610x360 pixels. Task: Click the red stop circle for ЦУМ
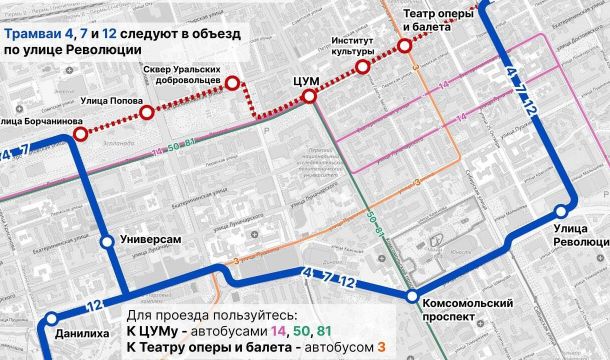tap(309, 96)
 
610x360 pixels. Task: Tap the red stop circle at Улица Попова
tap(147, 113)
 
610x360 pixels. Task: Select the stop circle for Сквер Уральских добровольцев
tap(233, 85)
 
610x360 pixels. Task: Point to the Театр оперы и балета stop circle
tap(404, 46)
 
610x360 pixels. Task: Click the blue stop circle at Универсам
tap(107, 242)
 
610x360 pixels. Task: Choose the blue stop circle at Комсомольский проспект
tap(412, 297)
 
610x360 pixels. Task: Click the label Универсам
tap(150, 241)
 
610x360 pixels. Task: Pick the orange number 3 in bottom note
tap(381, 347)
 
